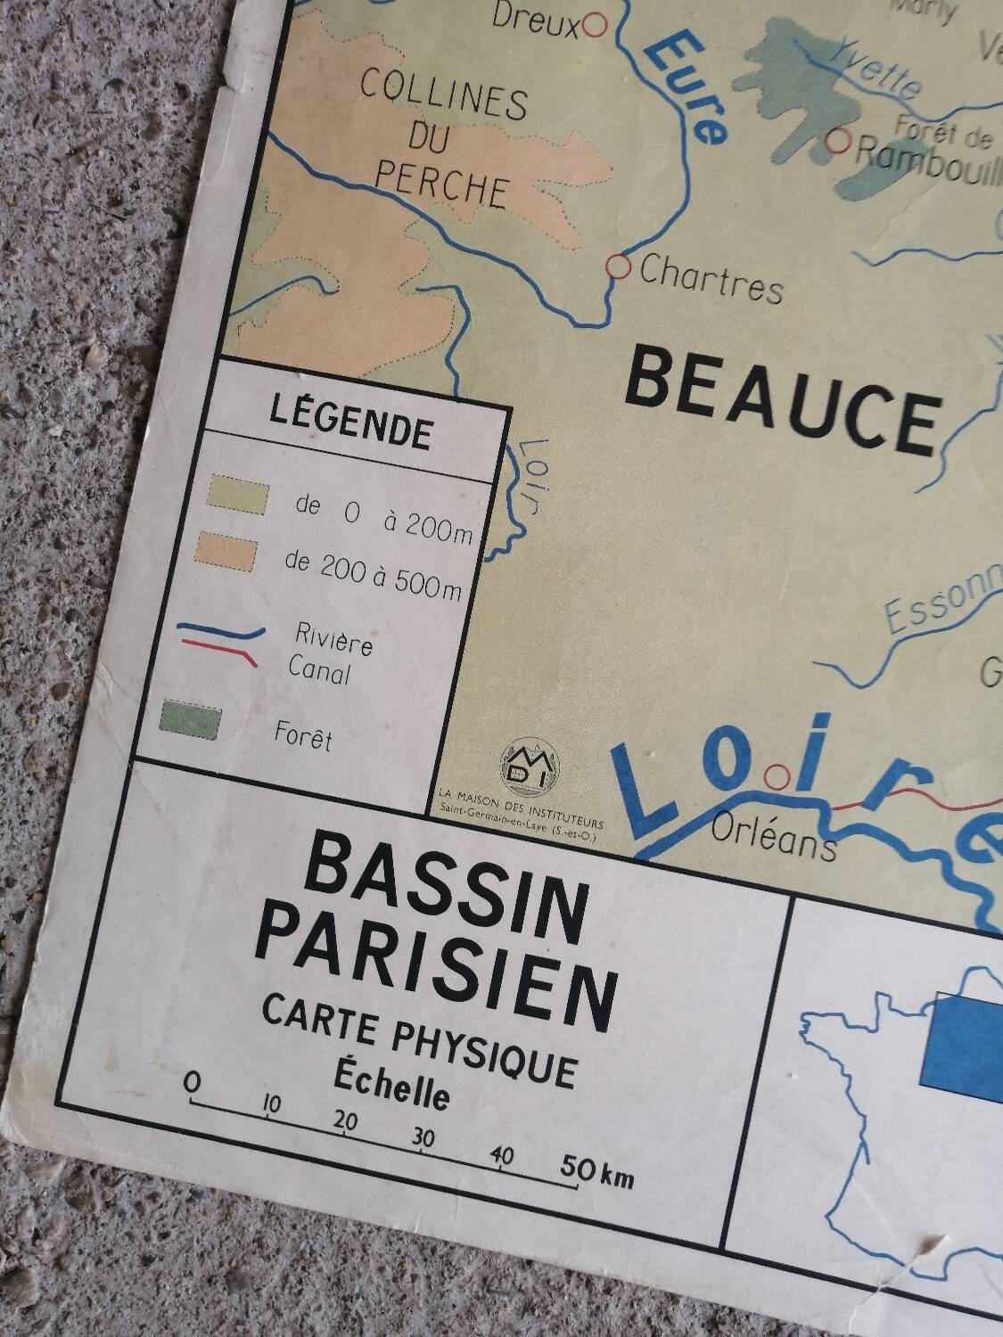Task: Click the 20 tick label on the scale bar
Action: pos(345,1121)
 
